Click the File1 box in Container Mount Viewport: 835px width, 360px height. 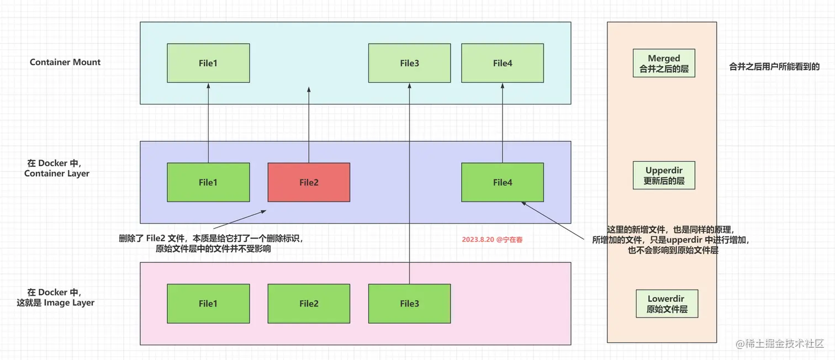click(x=208, y=63)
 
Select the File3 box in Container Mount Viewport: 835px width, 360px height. click(x=409, y=63)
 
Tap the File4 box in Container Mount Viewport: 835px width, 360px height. click(x=502, y=63)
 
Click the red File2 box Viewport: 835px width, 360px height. click(x=309, y=182)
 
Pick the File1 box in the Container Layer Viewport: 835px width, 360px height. click(x=208, y=182)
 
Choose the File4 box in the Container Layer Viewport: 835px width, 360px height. click(x=502, y=182)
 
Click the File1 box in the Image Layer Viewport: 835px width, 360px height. click(x=208, y=303)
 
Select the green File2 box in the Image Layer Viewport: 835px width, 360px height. click(x=309, y=303)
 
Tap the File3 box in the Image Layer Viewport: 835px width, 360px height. click(x=409, y=303)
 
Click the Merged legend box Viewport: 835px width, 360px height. click(x=664, y=63)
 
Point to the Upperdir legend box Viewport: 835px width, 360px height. click(x=664, y=175)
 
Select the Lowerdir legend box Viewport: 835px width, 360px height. click(x=667, y=304)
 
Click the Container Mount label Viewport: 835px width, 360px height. click(x=65, y=62)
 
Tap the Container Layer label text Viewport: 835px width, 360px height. click(x=56, y=168)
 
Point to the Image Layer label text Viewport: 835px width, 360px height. click(x=55, y=297)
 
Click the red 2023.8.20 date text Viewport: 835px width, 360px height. click(x=492, y=240)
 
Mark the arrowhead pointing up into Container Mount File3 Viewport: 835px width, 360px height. click(x=409, y=86)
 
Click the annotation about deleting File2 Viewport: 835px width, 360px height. click(x=212, y=243)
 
